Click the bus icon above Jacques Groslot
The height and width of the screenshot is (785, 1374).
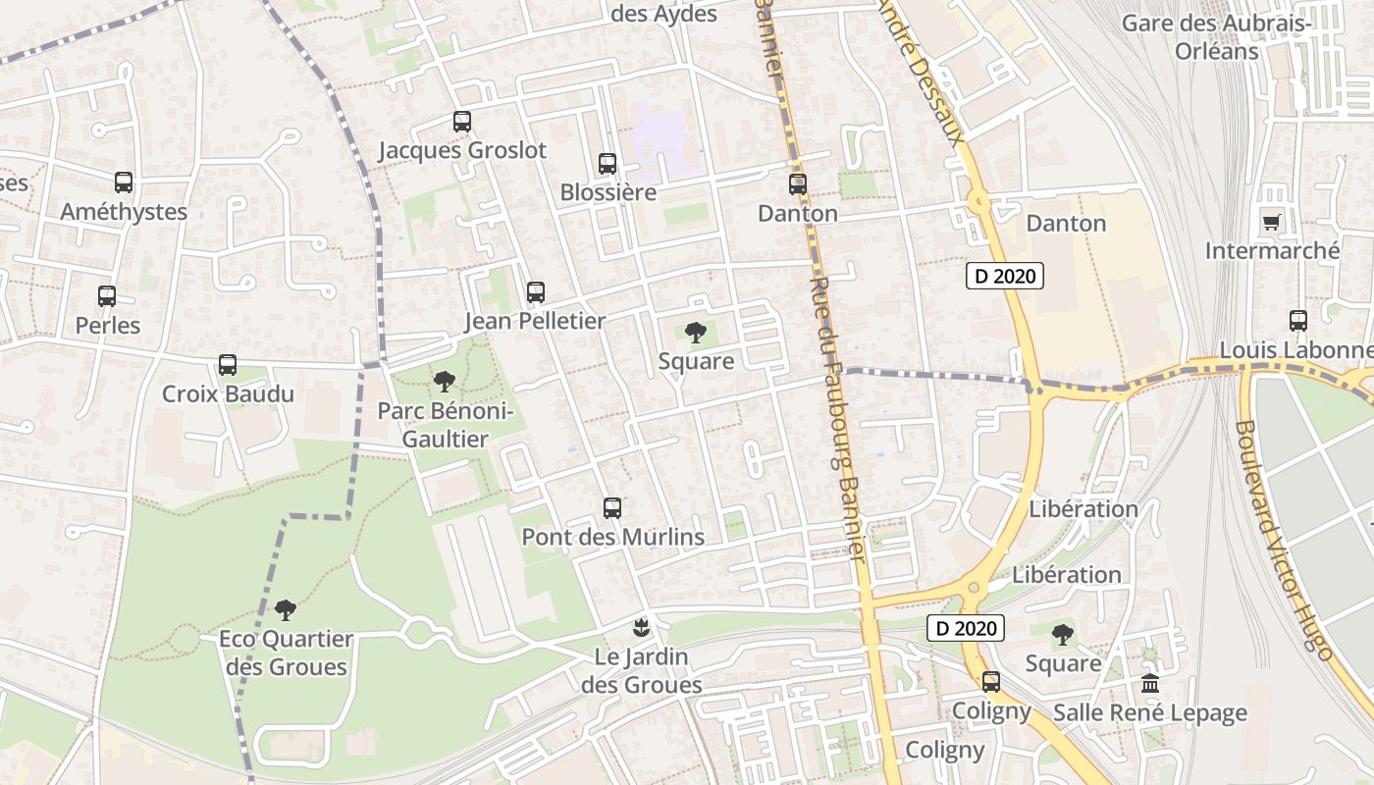point(462,122)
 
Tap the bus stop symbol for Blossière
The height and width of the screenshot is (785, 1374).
point(608,164)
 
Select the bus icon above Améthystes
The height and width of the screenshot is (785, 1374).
point(124,183)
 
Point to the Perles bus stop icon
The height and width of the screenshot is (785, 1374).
point(107,295)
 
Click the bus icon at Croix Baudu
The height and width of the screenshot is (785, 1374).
point(228,365)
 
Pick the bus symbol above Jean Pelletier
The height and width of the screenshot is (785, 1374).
point(535,291)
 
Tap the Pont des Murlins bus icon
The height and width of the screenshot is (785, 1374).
point(612,507)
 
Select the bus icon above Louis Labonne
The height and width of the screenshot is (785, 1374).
point(1298,320)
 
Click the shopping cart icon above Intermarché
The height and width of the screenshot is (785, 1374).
point(1272,222)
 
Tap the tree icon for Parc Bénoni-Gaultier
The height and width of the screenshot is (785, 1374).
point(445,382)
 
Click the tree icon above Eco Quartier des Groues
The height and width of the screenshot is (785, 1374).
point(286,610)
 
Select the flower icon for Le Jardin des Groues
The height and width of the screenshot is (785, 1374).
point(641,626)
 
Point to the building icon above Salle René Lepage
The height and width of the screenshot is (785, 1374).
point(1150,683)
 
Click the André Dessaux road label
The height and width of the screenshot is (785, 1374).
point(922,69)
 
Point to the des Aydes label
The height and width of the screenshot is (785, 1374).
point(663,15)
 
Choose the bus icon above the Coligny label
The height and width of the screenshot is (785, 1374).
point(991,681)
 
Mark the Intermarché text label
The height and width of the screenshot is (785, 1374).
point(1272,251)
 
